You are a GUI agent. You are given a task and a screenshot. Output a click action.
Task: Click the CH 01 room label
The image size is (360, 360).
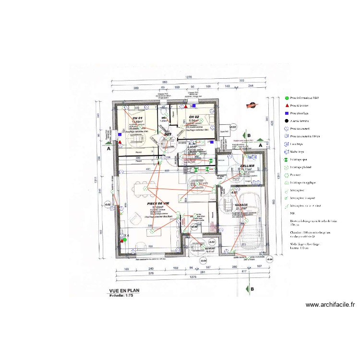(138, 118)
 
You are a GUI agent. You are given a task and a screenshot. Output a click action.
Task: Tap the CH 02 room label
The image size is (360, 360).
(194, 117)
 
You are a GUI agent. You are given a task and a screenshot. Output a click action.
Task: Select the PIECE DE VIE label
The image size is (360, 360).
(159, 204)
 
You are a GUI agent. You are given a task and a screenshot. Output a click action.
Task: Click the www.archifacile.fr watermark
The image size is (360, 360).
(330, 305)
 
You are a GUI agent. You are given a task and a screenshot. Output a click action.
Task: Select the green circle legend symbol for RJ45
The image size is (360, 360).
(287, 97)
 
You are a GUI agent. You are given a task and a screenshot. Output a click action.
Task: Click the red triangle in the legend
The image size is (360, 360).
(287, 105)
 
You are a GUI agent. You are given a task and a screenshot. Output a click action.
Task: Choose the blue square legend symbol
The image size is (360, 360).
(287, 113)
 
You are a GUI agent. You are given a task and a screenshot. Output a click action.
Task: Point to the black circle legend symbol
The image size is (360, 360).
(287, 121)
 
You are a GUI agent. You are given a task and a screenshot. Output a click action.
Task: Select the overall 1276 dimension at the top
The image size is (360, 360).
(189, 77)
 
